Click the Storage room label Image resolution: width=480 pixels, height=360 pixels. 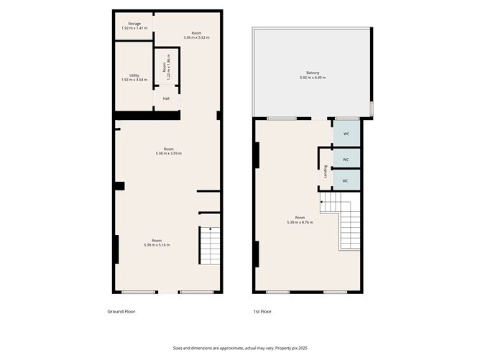coord(134,24)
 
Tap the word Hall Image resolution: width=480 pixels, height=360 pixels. coord(166,98)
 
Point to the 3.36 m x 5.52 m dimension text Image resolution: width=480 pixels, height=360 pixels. coord(196,37)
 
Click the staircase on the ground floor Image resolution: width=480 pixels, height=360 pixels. coord(209,246)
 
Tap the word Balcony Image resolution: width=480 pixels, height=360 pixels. coord(313,73)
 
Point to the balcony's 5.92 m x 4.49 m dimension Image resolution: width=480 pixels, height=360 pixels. coord(313,78)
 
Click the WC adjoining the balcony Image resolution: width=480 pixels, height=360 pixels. coord(346,134)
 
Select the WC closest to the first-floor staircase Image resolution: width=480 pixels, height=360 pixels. coord(346,180)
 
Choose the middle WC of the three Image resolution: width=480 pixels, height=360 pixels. coord(346,159)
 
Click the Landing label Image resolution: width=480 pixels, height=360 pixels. coord(326,172)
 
